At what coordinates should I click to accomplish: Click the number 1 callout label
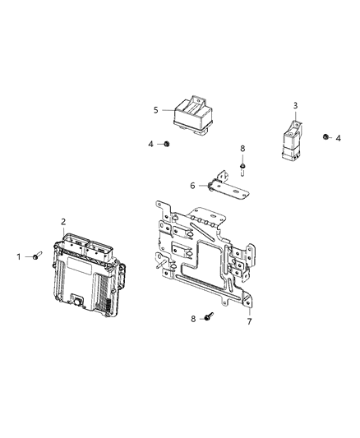(20, 256)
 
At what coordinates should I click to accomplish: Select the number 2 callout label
(63, 221)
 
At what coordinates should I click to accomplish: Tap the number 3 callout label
(296, 105)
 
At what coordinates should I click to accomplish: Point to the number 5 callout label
(155, 108)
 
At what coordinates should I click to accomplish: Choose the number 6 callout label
(192, 186)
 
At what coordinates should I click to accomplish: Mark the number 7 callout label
(248, 321)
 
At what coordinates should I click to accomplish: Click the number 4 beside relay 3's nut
(339, 138)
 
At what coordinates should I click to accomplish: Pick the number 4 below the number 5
(151, 144)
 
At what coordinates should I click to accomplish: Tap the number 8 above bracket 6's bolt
(242, 148)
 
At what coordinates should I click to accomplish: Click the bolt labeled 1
(38, 257)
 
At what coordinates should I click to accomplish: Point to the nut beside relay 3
(326, 136)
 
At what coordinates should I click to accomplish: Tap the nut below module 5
(167, 144)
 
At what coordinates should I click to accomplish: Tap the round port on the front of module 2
(78, 302)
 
